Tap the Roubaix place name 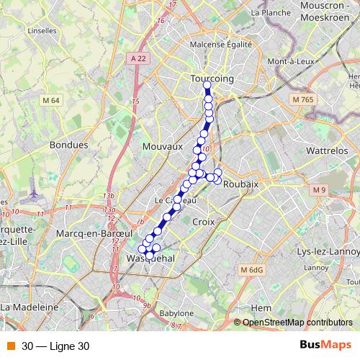[x=240, y=184]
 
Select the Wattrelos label [x=327, y=150]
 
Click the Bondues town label [x=68, y=145]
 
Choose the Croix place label [x=204, y=222]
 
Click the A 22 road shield [x=138, y=57]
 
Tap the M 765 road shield [x=302, y=99]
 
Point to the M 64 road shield [x=50, y=100]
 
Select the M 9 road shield [x=319, y=189]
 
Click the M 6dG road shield [x=252, y=269]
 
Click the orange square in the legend [x=11, y=346]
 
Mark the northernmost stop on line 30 [x=207, y=86]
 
